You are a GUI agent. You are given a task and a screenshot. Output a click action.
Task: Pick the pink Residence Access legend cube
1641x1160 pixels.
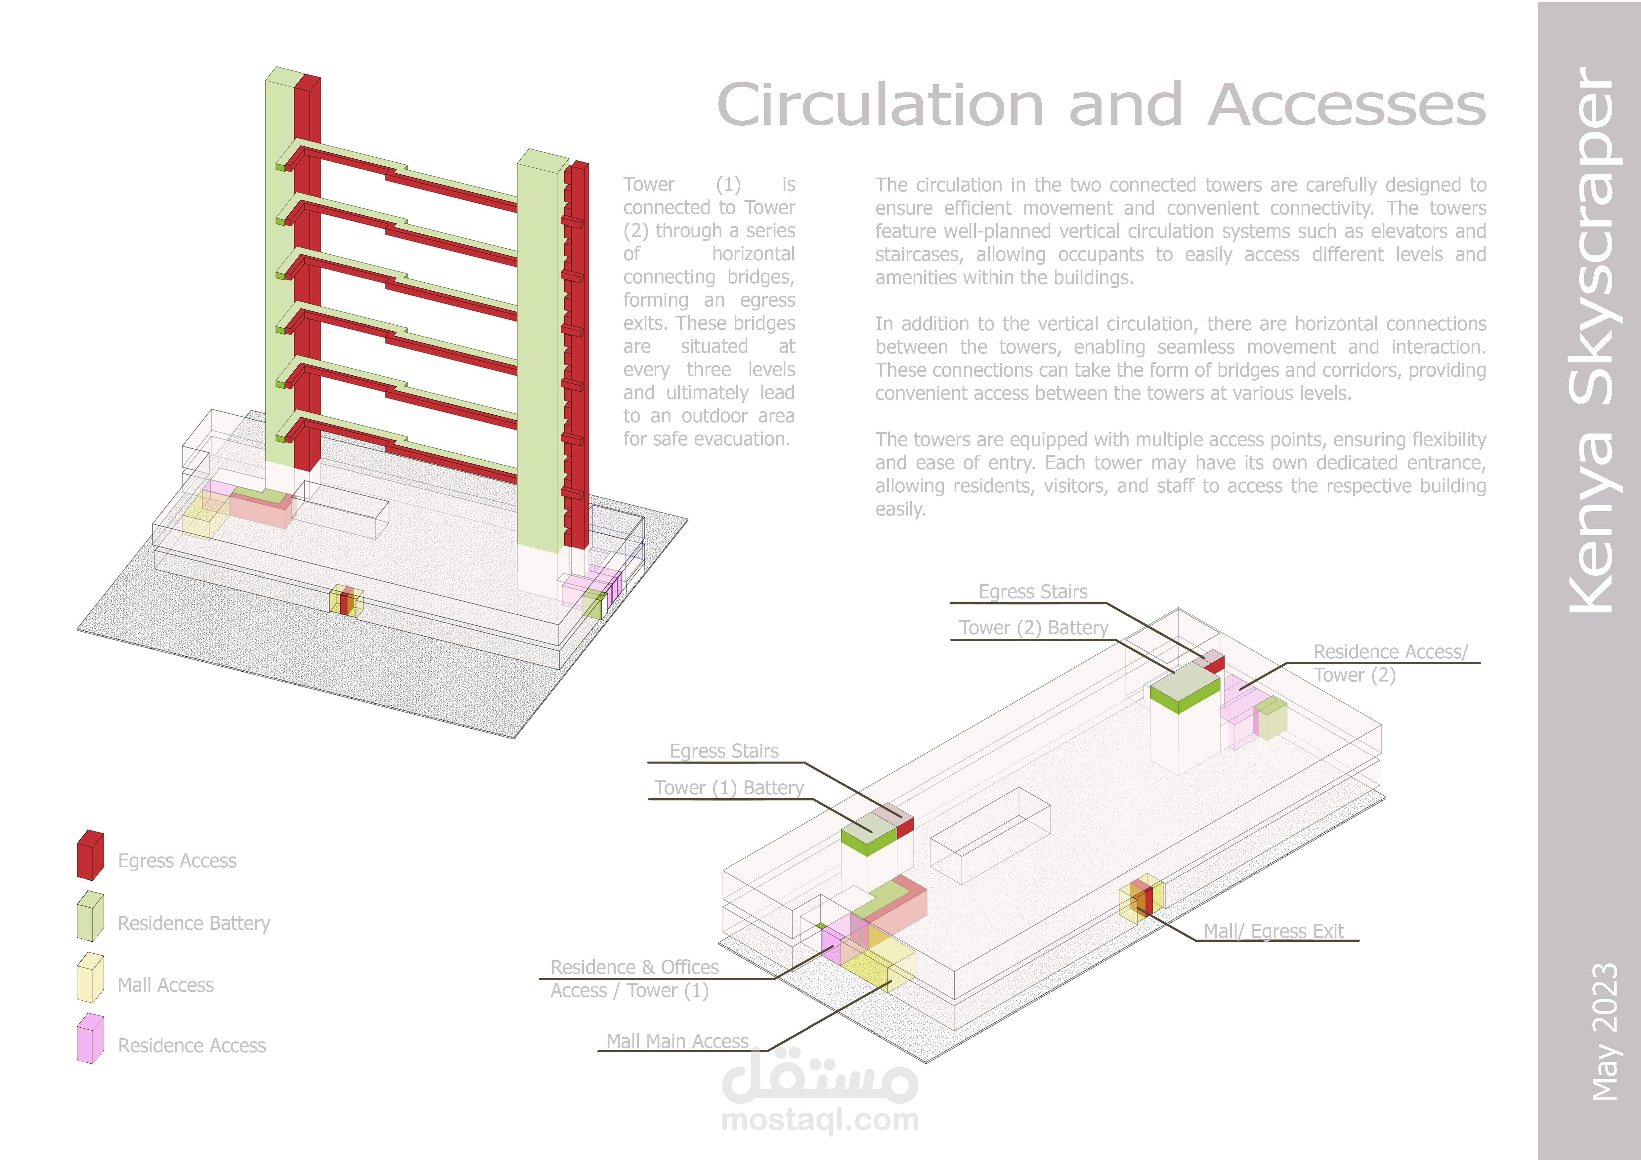[x=90, y=1039]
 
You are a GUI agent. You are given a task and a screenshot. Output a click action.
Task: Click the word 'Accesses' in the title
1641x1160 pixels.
[x=1347, y=105]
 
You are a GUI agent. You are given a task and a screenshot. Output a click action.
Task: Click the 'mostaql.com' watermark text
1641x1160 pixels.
[x=820, y=1119]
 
